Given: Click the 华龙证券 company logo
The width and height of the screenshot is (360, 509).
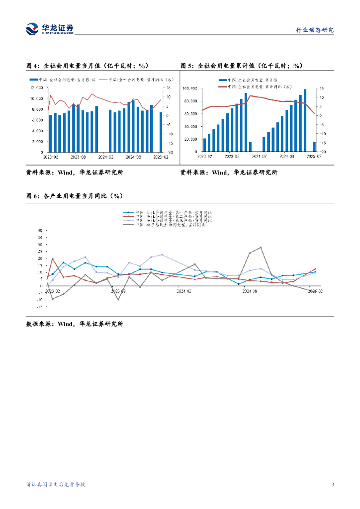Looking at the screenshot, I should (x=50, y=28).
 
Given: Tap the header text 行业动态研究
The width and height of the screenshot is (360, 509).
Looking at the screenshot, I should (x=315, y=30).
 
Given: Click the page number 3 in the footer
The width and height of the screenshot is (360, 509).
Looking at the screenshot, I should (x=333, y=485).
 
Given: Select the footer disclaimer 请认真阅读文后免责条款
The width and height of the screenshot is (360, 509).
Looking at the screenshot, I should (x=56, y=485).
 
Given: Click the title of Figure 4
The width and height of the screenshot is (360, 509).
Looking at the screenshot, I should (x=87, y=66).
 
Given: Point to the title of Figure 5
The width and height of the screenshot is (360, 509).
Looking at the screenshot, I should (x=241, y=66).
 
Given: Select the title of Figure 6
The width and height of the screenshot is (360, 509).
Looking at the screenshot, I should (x=75, y=196).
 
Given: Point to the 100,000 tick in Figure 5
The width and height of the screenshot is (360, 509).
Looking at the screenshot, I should (x=191, y=88).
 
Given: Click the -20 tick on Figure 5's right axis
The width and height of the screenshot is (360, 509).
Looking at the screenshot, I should (x=322, y=152).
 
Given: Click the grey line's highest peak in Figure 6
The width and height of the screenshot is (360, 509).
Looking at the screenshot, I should (x=261, y=247).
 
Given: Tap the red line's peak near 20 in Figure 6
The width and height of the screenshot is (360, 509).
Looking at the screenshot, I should (x=53, y=258).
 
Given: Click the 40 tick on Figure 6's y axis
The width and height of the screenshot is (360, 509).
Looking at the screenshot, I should (x=40, y=231).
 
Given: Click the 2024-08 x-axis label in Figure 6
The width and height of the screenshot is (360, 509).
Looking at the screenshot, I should (x=250, y=291).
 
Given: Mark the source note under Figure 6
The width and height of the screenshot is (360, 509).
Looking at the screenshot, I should (x=75, y=324).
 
